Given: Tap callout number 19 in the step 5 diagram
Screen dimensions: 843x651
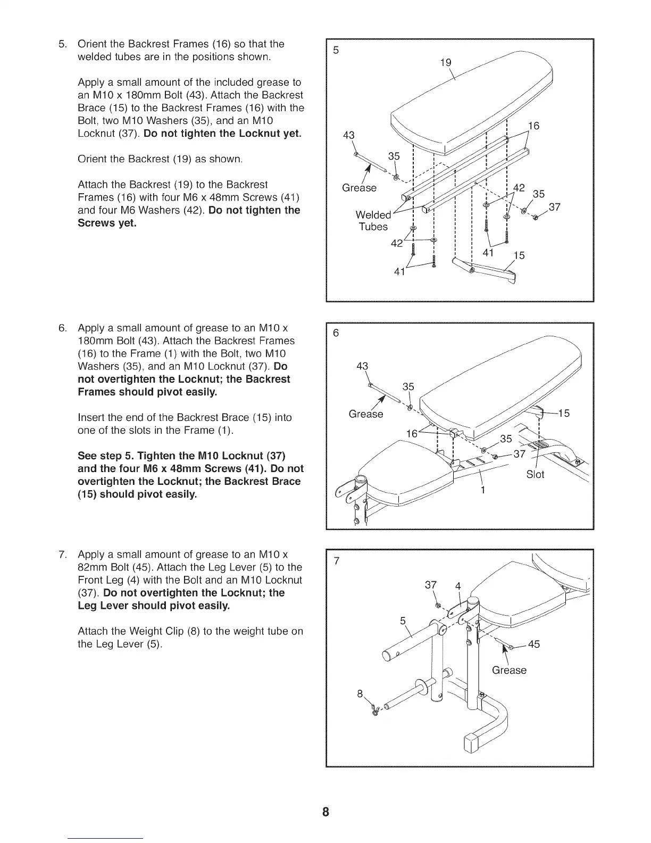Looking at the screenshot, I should [446, 62].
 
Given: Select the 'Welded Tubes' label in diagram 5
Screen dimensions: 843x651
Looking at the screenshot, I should [373, 221].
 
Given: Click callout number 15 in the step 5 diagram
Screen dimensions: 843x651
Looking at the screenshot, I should [519, 255].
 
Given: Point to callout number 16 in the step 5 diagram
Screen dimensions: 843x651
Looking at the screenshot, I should [533, 126].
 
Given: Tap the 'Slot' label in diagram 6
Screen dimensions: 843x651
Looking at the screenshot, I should [535, 474].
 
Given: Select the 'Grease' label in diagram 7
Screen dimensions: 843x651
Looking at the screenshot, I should [509, 670].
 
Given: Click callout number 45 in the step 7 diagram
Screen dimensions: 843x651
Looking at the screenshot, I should [533, 644].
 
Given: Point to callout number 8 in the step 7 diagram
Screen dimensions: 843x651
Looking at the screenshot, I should [360, 694].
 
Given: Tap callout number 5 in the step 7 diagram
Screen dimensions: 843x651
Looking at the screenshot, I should [403, 621].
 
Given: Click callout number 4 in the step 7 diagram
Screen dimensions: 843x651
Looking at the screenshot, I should [458, 587].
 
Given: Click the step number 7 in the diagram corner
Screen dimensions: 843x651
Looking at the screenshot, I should [336, 562].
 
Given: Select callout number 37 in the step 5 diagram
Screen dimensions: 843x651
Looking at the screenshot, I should [554, 207].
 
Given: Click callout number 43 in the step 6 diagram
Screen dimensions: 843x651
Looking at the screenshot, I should [362, 366].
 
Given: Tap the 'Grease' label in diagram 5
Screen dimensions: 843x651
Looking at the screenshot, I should [359, 188].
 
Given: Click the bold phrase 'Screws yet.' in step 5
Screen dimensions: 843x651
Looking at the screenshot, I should [107, 223].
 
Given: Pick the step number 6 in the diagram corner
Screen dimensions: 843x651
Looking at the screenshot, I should [336, 333].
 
